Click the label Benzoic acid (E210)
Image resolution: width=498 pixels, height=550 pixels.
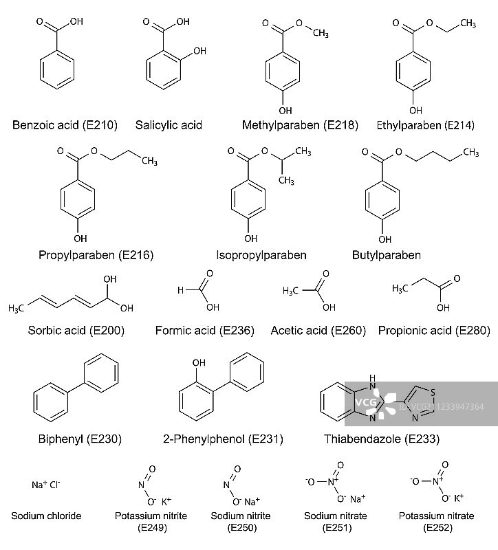pos(65,125)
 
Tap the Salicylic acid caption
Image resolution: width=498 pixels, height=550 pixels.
pos(169,125)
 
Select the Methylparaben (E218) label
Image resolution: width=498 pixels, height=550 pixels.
pos(300,125)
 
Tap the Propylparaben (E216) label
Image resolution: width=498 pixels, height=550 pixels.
pos(96,255)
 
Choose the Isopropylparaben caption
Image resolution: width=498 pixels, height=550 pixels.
pos(261,255)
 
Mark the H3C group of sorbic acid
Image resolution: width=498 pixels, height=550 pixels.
pos(17,308)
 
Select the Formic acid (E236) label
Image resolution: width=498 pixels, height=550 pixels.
pos(205,331)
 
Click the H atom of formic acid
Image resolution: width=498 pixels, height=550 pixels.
pos(180,290)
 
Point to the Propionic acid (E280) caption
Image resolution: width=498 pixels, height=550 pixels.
pos(434,331)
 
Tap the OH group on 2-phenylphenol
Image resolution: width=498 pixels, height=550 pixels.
pos(199,362)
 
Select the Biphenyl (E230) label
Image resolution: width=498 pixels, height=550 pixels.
pos(75,439)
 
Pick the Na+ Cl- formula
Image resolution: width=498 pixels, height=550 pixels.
pos(46,485)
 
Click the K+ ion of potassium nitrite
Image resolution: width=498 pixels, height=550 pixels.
pos(167,501)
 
